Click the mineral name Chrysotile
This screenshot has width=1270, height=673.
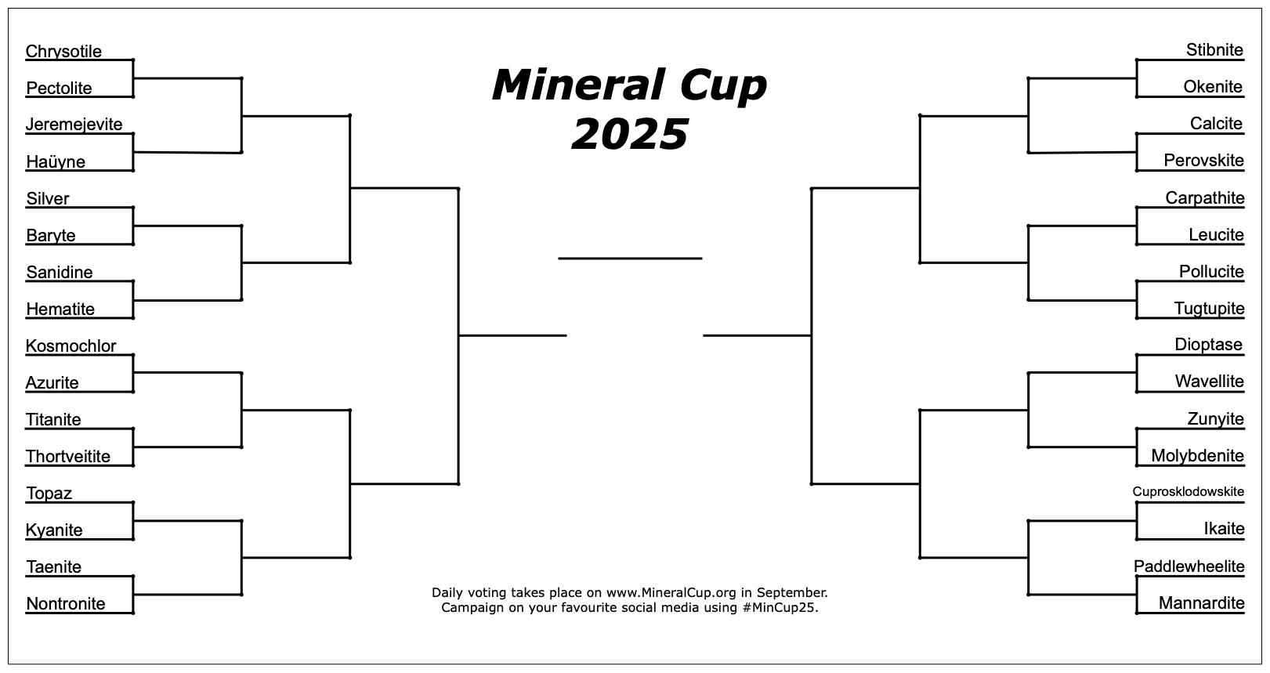[x=63, y=52]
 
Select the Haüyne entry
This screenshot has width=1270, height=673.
[x=56, y=162]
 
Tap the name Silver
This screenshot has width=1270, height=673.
[x=48, y=199]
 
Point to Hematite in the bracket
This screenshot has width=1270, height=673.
[x=60, y=309]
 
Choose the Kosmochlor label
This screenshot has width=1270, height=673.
[x=71, y=346]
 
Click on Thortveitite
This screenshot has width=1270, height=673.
[x=68, y=457]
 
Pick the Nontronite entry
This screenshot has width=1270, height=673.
[x=66, y=604]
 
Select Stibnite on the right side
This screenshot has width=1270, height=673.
[x=1214, y=50]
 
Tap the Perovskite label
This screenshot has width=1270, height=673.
[x=1203, y=161]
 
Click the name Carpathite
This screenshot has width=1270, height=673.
[x=1205, y=198]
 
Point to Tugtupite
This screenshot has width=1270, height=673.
[x=1209, y=309]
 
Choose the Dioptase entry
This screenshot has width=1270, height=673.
[x=1208, y=345]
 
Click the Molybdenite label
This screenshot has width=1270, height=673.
[x=1197, y=456]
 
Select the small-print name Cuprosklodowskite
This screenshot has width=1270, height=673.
[x=1189, y=491]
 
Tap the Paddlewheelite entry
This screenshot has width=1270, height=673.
[x=1189, y=566]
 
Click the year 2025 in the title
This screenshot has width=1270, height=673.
[x=630, y=135]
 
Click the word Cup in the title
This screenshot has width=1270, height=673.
[x=723, y=86]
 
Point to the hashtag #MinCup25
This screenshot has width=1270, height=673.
[x=780, y=609]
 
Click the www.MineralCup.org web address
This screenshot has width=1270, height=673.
[x=671, y=593]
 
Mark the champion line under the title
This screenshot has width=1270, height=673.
[x=630, y=259]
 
